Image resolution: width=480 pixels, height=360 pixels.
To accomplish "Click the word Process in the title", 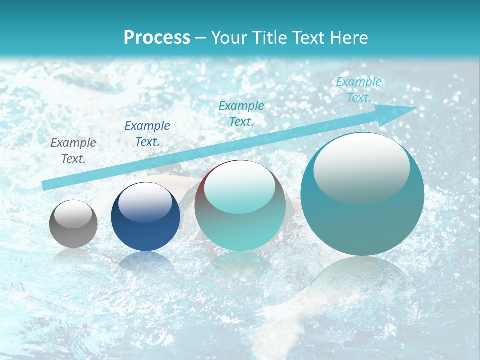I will point(157,38).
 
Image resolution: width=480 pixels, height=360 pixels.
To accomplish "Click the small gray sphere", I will point(73,224).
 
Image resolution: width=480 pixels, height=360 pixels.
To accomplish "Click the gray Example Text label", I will point(73,150).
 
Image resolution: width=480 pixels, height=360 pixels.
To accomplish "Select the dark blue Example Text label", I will point(147,133).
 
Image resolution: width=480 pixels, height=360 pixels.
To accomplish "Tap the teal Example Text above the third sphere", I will point(241,113).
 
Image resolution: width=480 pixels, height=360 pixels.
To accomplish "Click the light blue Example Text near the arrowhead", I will point(359,90).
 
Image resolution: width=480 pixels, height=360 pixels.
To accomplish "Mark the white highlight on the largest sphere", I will point(362,167).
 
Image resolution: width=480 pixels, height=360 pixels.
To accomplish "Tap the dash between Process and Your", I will point(201,38).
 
